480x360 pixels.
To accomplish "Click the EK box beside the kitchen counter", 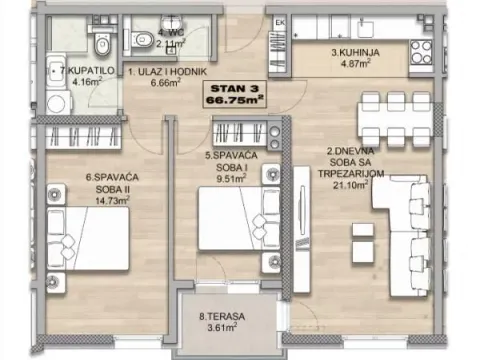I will click(280, 22).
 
